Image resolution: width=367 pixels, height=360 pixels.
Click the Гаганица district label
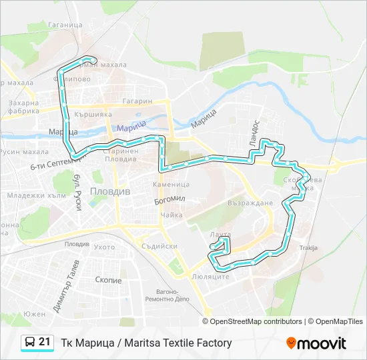pos(65,25)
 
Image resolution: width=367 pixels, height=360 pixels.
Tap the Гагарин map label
pos(138,102)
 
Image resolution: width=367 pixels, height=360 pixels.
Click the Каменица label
pos(171,184)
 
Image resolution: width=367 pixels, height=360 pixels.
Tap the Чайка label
pos(171,215)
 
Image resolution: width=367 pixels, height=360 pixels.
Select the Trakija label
pos(308,248)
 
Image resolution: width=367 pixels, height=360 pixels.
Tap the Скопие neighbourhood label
pos(109,281)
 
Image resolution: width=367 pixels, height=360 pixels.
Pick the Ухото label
pos(104,247)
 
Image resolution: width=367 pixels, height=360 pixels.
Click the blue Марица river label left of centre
pos(130,127)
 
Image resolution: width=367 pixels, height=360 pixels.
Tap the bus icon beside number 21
pos(30,343)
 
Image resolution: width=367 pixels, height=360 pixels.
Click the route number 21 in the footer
pos(45,342)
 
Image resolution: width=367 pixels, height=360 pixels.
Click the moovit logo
pos(316,343)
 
